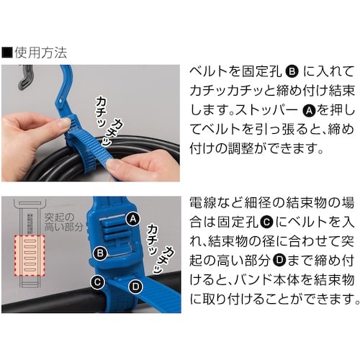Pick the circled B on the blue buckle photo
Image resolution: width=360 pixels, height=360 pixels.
point(102,253)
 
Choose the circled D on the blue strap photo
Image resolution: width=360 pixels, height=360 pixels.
point(135,287)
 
